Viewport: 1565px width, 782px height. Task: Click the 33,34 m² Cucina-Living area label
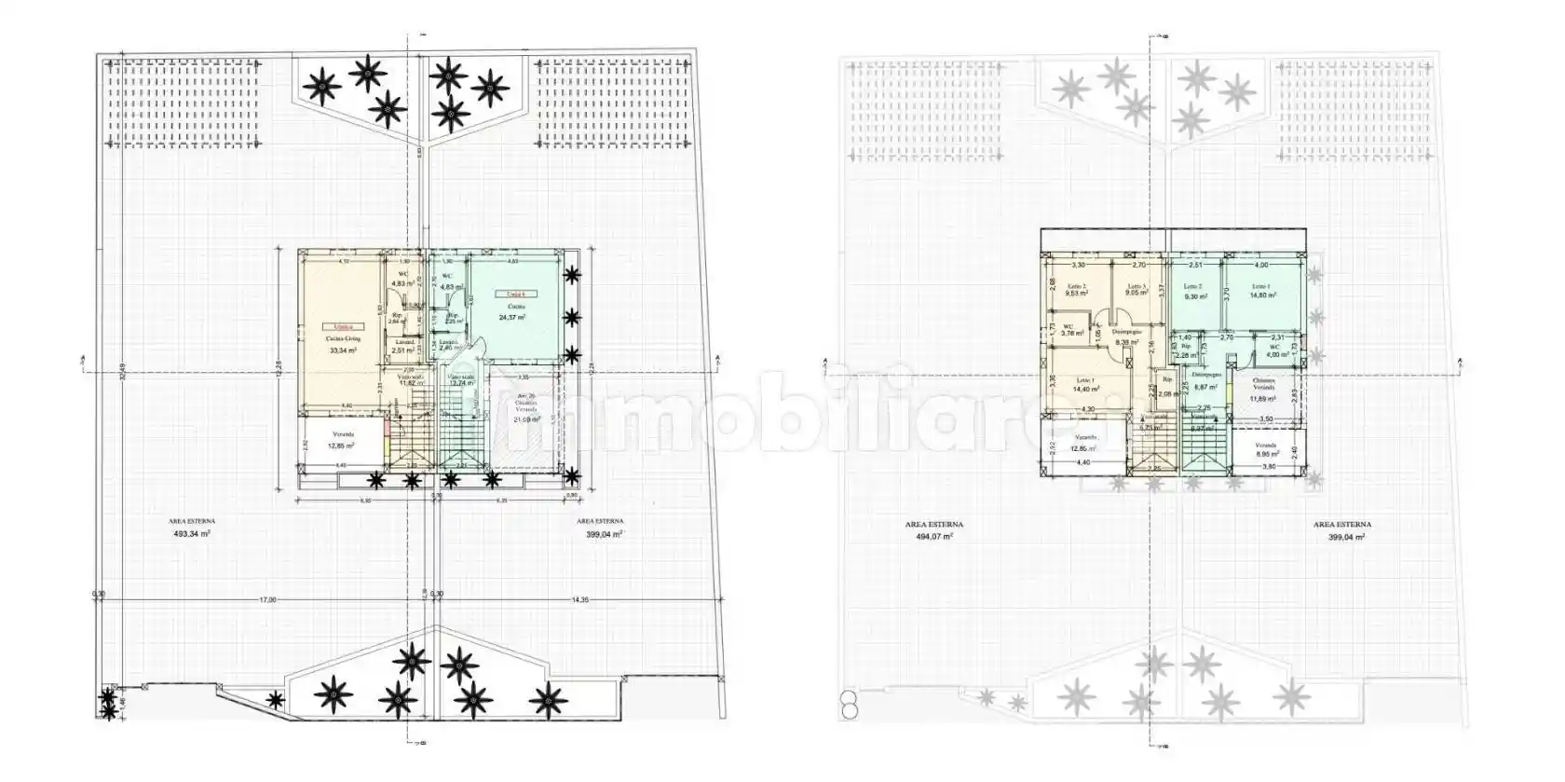click(x=343, y=350)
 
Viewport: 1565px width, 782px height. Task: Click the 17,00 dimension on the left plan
click(x=267, y=600)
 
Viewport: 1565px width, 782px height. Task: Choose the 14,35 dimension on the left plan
click(x=578, y=600)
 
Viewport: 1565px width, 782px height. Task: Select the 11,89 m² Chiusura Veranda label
click(x=1263, y=399)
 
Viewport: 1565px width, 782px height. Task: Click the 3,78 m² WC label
click(x=1068, y=333)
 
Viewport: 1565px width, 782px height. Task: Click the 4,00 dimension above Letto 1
click(x=1261, y=266)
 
